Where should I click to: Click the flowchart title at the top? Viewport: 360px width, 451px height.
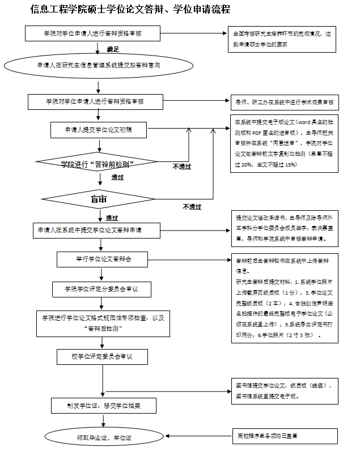[x=130, y=10]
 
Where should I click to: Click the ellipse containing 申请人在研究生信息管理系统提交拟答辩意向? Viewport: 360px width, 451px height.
[x=98, y=66]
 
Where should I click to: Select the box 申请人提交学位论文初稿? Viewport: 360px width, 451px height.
[x=99, y=130]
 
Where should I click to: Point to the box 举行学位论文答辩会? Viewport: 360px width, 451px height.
[x=103, y=259]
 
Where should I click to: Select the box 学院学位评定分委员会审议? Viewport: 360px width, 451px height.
[x=103, y=289]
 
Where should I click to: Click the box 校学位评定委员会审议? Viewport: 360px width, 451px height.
[x=102, y=356]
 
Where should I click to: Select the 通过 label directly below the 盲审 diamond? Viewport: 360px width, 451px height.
[x=112, y=218]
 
